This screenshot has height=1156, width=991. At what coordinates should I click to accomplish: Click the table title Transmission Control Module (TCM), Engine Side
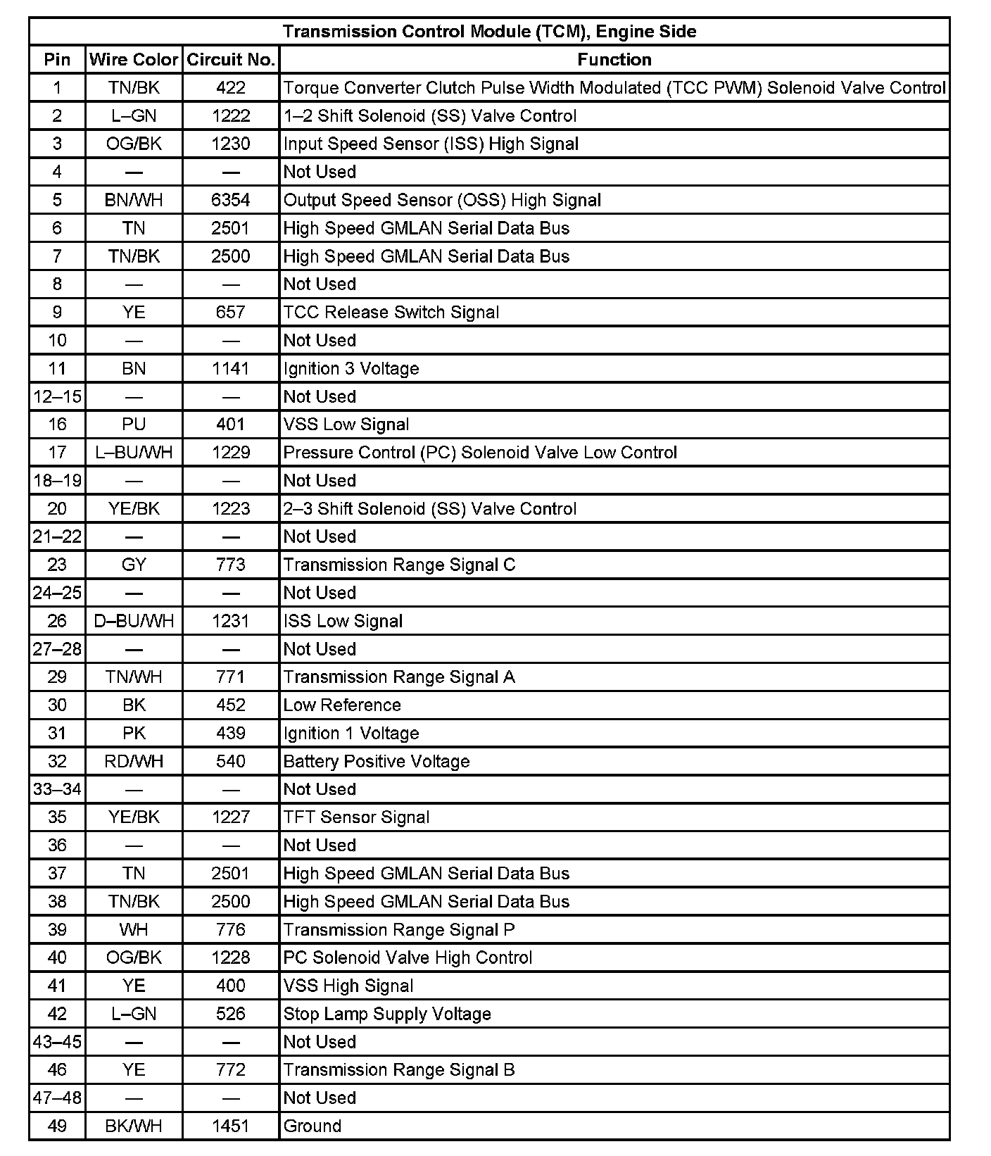point(489,32)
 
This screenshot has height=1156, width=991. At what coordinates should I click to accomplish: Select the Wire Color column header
point(134,60)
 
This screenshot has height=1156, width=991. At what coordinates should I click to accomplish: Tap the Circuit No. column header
point(231,60)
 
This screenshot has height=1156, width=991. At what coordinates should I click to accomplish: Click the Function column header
point(614,60)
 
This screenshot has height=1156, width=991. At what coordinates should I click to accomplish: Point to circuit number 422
point(231,88)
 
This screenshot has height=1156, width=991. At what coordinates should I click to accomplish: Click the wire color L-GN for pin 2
point(134,116)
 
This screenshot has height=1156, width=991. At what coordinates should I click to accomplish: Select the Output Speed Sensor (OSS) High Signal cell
point(442,200)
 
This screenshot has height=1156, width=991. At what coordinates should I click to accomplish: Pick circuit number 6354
point(231,200)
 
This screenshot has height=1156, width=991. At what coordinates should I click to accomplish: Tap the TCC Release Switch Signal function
point(391,313)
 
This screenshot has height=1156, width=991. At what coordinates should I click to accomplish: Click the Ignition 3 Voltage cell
point(351,369)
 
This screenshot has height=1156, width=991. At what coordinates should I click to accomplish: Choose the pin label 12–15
point(57,397)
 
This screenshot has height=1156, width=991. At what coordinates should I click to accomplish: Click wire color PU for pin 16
point(134,425)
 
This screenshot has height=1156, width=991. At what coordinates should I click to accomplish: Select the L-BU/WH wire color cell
point(134,453)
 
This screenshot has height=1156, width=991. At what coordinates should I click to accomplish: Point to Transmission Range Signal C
point(399,565)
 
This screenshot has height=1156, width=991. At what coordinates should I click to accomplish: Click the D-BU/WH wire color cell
point(134,621)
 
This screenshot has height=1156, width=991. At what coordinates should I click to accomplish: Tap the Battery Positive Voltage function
point(377,762)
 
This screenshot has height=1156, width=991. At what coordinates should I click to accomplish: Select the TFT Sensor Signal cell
point(356,817)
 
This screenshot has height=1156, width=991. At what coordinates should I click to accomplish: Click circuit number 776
point(231,930)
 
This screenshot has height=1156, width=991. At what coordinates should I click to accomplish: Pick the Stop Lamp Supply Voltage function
point(387,1014)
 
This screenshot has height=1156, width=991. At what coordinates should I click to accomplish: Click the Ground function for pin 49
point(313,1126)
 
